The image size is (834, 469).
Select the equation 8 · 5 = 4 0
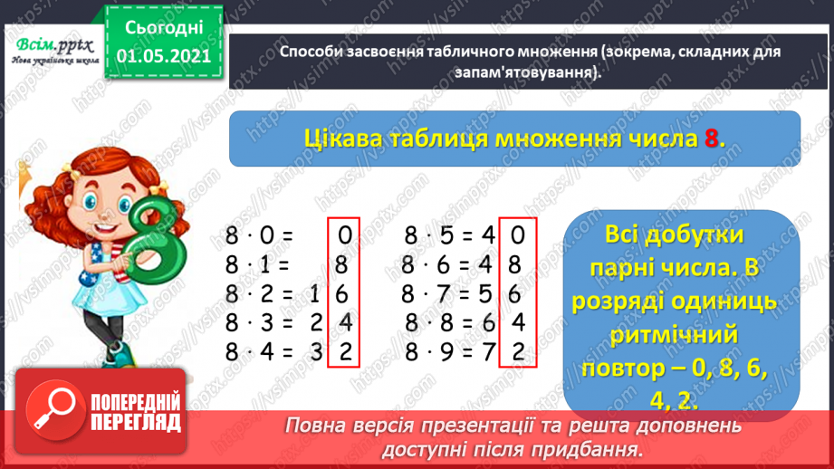pos(465,239)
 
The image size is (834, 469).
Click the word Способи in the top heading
pos(311,53)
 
